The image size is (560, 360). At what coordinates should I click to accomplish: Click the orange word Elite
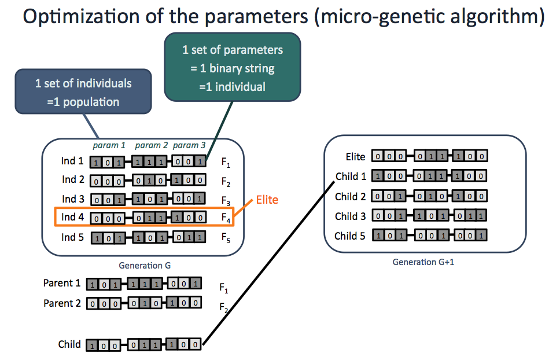point(266,200)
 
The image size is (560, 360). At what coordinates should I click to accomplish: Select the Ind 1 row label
point(72,161)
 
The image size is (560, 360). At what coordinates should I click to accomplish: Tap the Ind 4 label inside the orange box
point(72,217)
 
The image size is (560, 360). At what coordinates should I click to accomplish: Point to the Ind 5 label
point(72,237)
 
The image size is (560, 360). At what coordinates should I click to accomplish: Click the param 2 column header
point(151,145)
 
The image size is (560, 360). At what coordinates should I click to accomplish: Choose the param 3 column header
point(189,145)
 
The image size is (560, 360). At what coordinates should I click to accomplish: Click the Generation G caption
point(144,266)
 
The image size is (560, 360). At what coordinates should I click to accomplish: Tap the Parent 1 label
point(62,284)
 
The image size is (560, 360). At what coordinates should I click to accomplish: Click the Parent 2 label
point(62,303)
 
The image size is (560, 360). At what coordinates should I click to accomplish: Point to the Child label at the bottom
point(69,344)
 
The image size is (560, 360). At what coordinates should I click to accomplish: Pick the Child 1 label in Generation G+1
point(350,176)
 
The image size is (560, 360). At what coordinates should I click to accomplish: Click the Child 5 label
point(350,236)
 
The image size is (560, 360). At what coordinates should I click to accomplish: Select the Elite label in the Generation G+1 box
point(355,156)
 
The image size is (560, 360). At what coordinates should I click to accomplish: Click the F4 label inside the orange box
point(226,218)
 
